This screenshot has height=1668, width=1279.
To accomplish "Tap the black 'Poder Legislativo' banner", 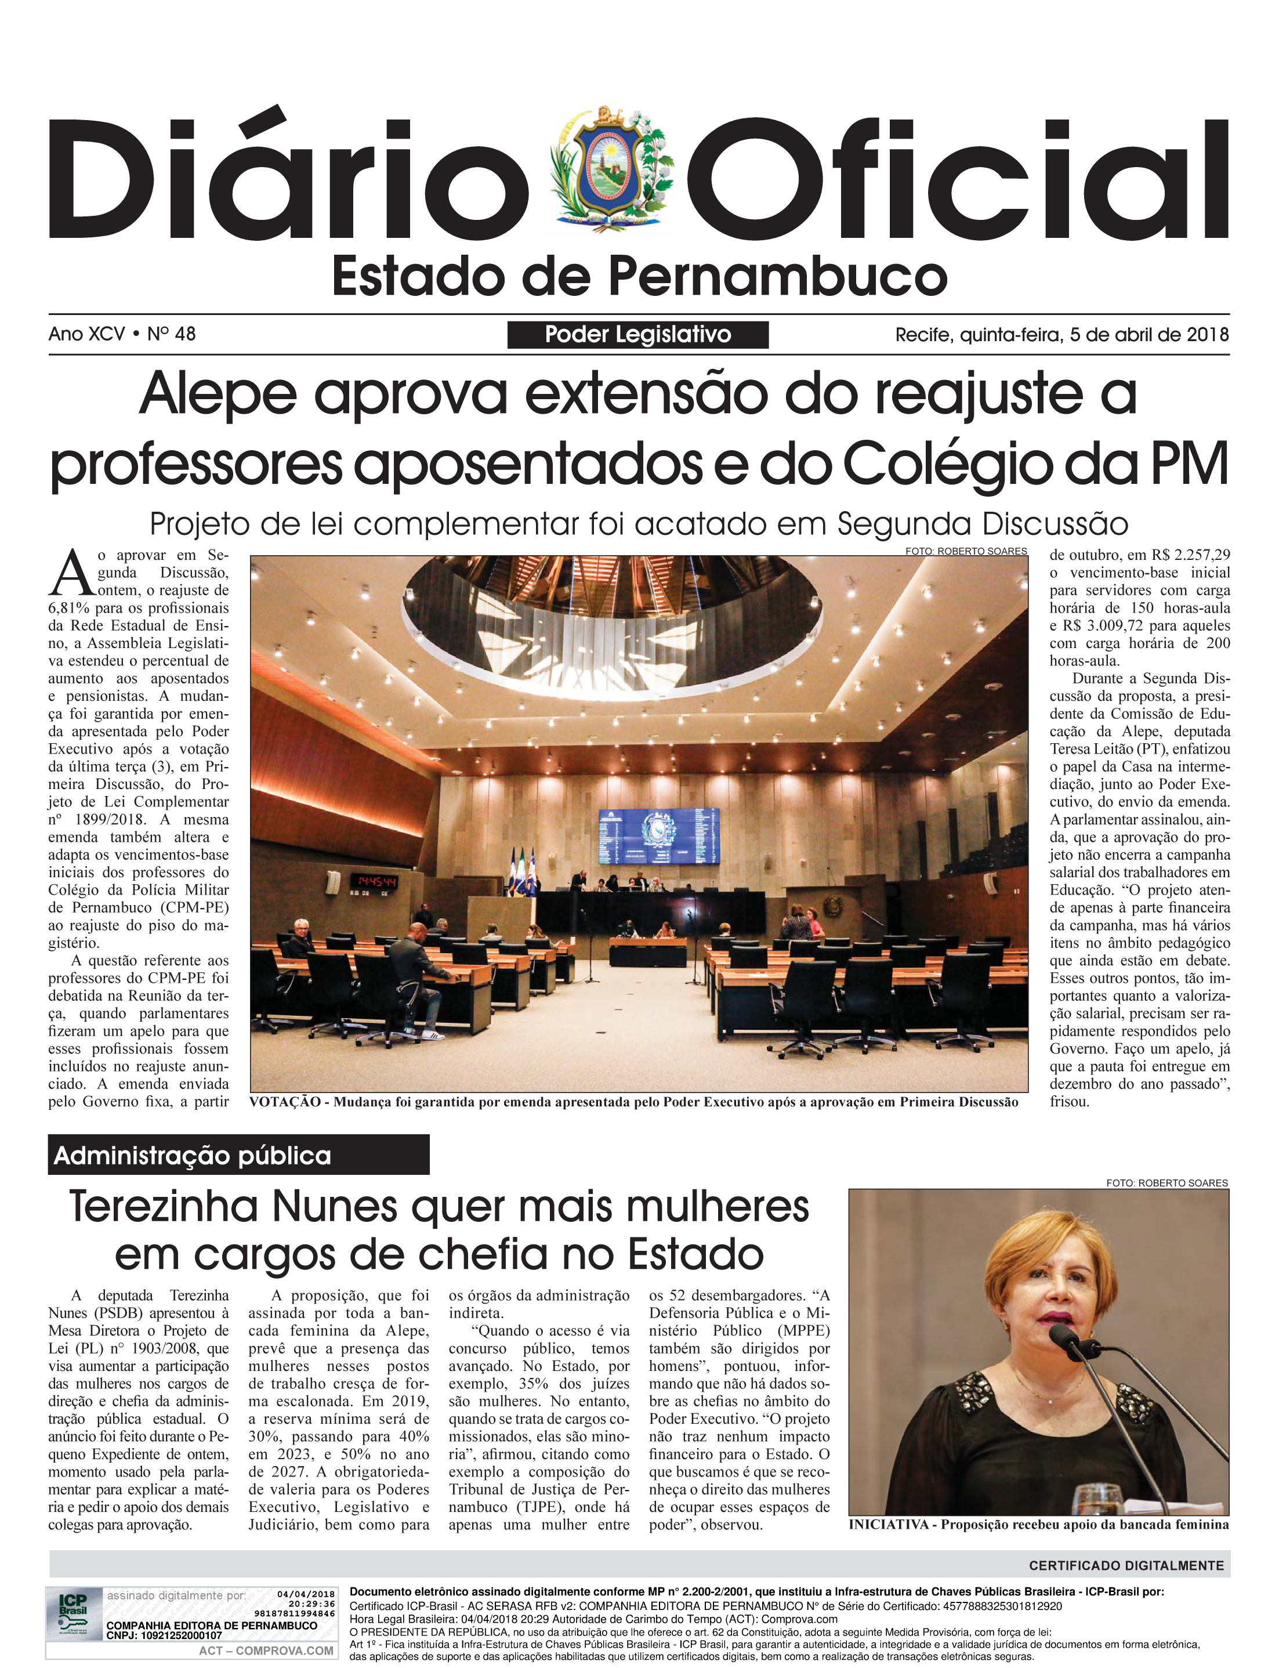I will [x=637, y=334].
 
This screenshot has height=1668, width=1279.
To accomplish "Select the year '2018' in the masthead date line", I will [x=1208, y=334].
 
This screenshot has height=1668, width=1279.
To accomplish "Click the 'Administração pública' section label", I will [x=193, y=1156].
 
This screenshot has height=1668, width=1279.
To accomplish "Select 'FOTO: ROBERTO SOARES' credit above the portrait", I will [x=1166, y=1182].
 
